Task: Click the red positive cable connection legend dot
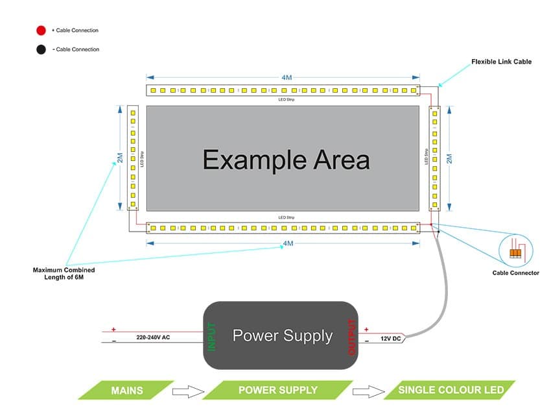[41, 30]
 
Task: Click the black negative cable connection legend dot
[41, 49]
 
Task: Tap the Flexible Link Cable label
[501, 62]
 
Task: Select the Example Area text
[286, 159]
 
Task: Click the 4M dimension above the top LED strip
[287, 77]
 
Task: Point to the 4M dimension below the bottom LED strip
[288, 243]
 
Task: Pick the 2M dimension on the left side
[120, 159]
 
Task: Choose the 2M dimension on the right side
[449, 159]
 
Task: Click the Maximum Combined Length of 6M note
[64, 273]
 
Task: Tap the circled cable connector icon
[515, 252]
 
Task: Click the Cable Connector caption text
[515, 273]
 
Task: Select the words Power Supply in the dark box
[282, 335]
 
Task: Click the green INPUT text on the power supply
[211, 336]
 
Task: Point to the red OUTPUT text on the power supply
[352, 336]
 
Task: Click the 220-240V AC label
[154, 338]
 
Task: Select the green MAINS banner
[127, 390]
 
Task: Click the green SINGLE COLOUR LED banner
[451, 390]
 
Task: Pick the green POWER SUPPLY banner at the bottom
[278, 390]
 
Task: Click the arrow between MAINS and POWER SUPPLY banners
[189, 391]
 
